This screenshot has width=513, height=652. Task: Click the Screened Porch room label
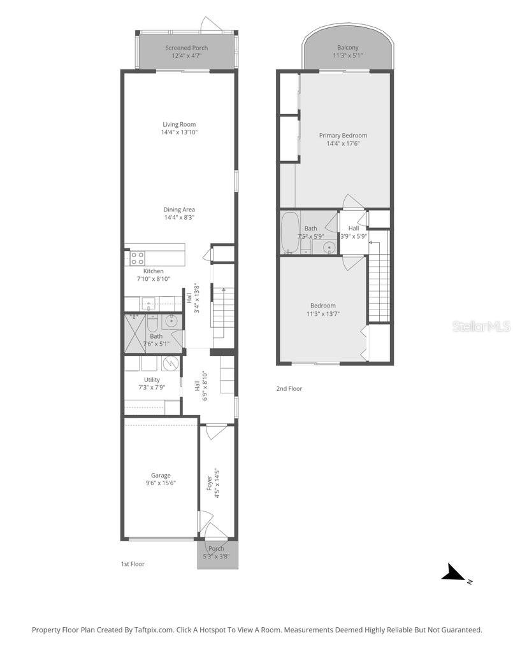(186, 48)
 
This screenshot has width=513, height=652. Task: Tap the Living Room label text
(178, 125)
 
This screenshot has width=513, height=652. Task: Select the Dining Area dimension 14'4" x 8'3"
(178, 218)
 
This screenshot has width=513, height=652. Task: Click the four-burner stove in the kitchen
(137, 258)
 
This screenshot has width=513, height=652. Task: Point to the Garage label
(160, 475)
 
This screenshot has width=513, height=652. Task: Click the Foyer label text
(209, 482)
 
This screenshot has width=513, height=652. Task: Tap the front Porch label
(216, 549)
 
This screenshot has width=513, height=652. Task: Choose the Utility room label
(152, 379)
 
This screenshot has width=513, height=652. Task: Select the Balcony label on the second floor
(347, 47)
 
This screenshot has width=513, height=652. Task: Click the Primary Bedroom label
(343, 135)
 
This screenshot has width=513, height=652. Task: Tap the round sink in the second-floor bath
(329, 248)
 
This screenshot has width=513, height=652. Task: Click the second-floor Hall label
(353, 228)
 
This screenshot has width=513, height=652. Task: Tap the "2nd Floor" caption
(289, 388)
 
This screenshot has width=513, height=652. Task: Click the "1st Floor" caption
(133, 563)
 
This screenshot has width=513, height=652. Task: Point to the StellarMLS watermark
(481, 326)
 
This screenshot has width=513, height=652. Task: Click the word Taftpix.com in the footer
(153, 630)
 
